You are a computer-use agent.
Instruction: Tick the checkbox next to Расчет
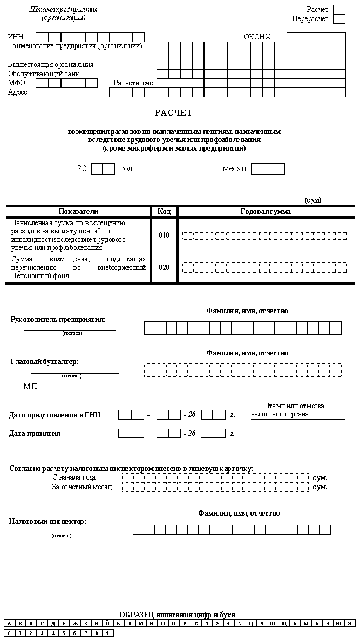click(339, 10)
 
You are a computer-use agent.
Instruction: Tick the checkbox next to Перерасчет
click(339, 19)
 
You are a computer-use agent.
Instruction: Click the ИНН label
click(16, 37)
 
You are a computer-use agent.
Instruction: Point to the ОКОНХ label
click(257, 37)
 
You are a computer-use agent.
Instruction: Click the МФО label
click(17, 83)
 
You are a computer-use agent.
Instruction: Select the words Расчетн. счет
click(134, 83)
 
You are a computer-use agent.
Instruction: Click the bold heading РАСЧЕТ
click(174, 113)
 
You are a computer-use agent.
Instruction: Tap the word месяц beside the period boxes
click(234, 168)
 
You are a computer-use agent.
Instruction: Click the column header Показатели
click(78, 212)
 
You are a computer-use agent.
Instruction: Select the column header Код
click(164, 212)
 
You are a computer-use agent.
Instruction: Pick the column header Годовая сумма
click(266, 212)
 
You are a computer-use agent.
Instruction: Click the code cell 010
click(164, 235)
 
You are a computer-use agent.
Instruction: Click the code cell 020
click(164, 267)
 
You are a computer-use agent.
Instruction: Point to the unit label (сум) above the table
click(313, 200)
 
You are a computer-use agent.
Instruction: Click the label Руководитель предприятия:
click(58, 319)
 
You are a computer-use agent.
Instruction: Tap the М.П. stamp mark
click(31, 387)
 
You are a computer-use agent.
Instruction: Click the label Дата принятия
click(35, 433)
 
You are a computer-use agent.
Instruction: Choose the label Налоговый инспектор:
click(48, 522)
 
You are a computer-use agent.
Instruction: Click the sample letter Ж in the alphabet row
click(74, 624)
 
